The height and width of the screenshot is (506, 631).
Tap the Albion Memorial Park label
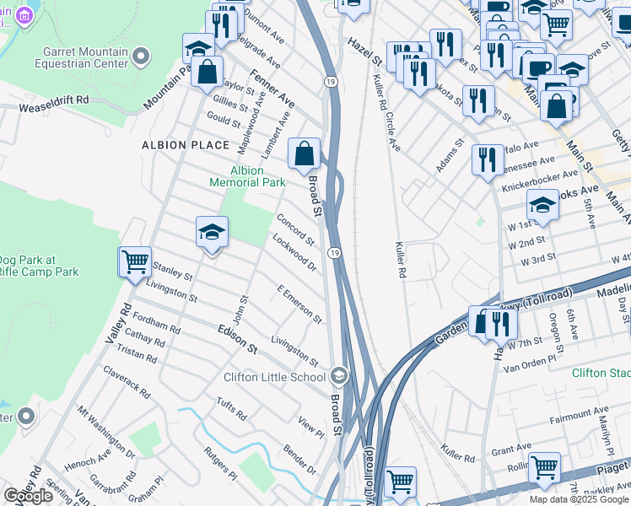click(x=247, y=176)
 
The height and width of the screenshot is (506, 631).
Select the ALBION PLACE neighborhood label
click(x=186, y=145)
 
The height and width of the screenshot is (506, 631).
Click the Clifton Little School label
click(x=274, y=377)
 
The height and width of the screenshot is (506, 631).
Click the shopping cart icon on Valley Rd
click(x=135, y=262)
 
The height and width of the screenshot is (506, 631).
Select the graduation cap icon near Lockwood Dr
click(x=213, y=232)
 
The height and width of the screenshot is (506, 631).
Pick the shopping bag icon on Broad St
click(x=305, y=154)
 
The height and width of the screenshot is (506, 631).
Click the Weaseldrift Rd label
click(x=54, y=100)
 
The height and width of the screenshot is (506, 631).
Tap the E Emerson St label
click(x=299, y=304)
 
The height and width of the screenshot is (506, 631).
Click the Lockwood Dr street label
click(x=294, y=253)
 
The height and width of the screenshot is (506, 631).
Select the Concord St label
click(x=295, y=229)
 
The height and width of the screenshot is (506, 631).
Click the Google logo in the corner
click(x=28, y=496)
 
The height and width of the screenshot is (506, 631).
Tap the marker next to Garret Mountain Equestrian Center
click(x=140, y=57)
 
